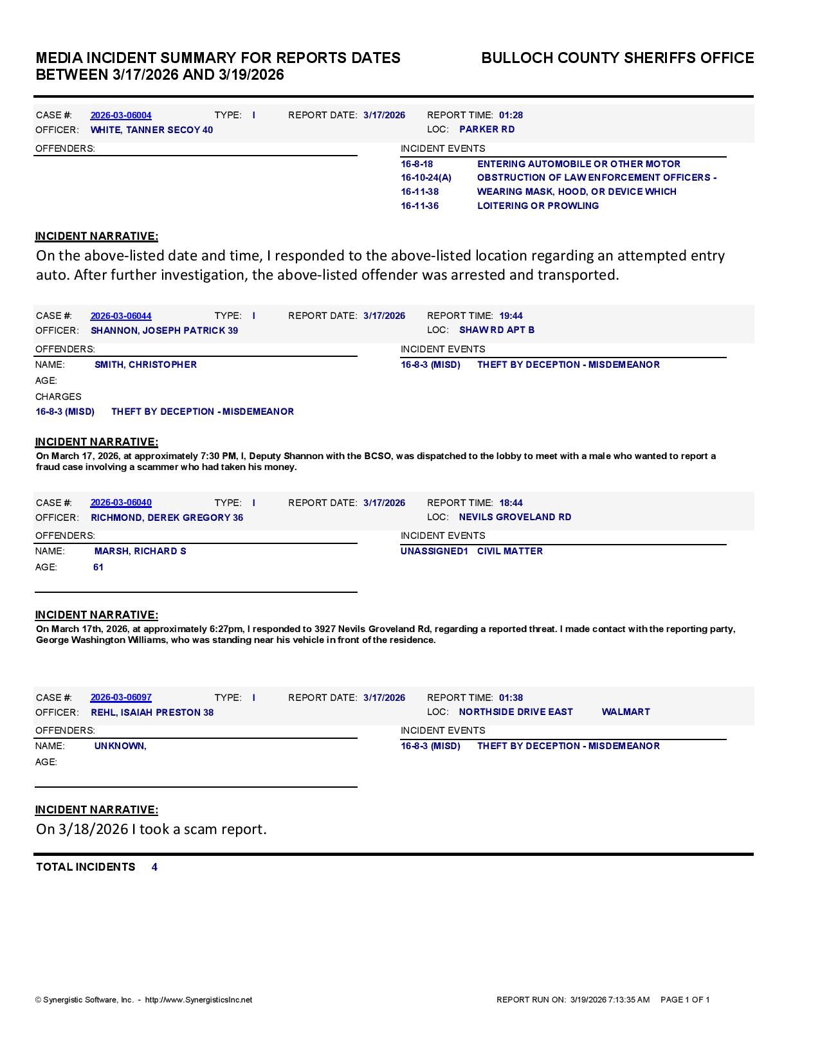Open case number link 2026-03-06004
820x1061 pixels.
point(121,115)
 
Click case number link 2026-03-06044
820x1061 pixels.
point(121,316)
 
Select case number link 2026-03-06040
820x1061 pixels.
point(121,502)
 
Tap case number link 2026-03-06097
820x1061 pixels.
point(121,697)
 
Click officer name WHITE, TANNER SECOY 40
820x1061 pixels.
point(152,130)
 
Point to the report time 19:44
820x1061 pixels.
point(511,316)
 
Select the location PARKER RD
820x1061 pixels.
point(487,129)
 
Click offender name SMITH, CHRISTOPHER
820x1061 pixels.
point(145,365)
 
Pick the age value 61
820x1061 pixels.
point(98,567)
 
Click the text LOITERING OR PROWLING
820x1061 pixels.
point(538,206)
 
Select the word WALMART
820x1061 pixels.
point(626,712)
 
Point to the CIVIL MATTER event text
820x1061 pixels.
point(510,551)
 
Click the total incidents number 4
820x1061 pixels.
point(154,867)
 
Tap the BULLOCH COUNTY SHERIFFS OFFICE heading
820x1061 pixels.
point(617,58)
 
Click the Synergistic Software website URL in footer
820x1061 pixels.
point(199,1000)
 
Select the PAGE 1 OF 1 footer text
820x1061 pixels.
point(685,1000)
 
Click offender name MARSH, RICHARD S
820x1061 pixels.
point(140,551)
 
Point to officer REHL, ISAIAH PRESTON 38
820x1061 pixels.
point(152,712)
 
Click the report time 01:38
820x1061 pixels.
point(511,698)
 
